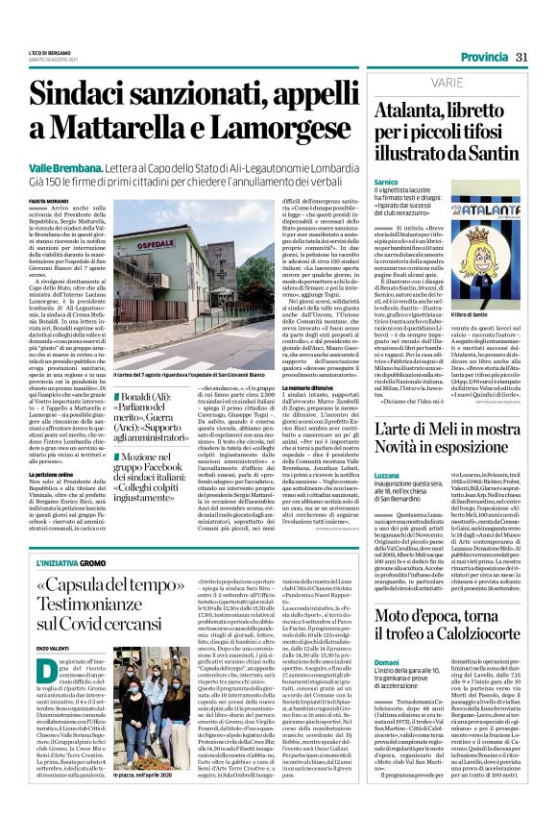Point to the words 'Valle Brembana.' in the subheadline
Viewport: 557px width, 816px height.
(x=62, y=167)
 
